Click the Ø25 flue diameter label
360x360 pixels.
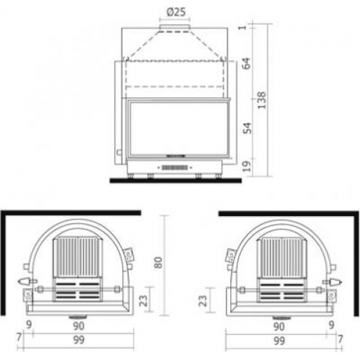[x=176, y=12]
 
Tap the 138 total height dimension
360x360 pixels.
[x=262, y=100]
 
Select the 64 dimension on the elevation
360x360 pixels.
[x=246, y=63]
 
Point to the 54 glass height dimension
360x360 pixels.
[x=248, y=128]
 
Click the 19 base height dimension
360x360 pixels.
[x=247, y=166]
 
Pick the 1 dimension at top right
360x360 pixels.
[x=243, y=27]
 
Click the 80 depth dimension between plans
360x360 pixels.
[x=158, y=262]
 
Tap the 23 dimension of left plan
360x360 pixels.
[x=143, y=300]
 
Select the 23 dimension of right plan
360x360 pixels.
[x=203, y=300]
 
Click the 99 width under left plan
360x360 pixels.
[x=78, y=340]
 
